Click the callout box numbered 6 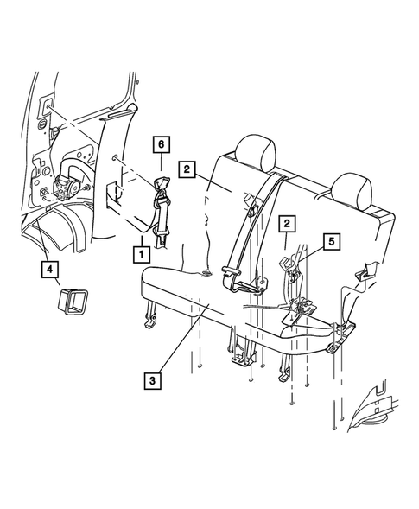point(162,145)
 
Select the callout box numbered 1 point(142,254)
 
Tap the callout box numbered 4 point(49,269)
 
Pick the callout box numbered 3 point(152,380)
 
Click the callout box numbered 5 point(332,241)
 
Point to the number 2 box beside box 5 point(287,224)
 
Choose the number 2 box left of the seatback point(187,169)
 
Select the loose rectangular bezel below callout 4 point(73,302)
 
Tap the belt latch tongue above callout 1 point(162,239)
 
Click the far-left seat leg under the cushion point(150,315)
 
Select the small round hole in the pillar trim point(115,158)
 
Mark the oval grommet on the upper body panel point(43,124)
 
